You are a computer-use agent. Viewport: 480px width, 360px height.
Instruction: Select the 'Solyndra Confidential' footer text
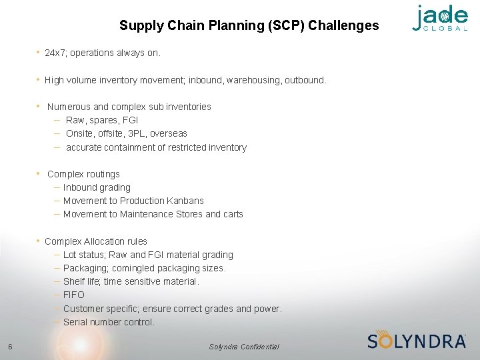pos(244,347)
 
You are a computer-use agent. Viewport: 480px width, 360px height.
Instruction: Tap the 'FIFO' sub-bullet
pos(74,295)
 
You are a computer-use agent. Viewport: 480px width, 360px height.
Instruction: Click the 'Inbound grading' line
pos(97,187)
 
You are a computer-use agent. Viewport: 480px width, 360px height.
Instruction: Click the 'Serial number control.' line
pos(109,322)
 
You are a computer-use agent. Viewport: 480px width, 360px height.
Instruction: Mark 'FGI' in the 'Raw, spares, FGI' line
pos(131,120)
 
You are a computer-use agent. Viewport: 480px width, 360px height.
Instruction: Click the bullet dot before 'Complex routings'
pos(39,173)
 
